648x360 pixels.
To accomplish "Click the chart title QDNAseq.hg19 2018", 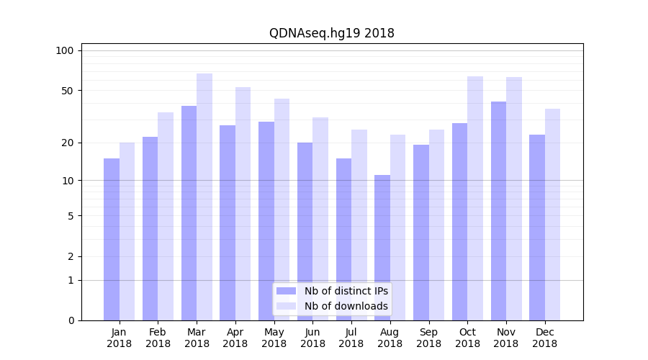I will pos(332,33).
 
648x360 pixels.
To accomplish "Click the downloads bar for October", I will pos(475,198).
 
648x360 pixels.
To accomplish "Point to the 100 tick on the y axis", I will pos(65,50).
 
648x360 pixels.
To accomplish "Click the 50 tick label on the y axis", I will pos(67,91).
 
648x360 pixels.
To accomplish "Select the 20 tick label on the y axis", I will pos(67,143).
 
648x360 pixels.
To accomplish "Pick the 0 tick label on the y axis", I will pos(71,320).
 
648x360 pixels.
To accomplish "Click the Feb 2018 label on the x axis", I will pos(158,338).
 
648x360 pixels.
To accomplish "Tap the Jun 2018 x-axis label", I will pos(312,338).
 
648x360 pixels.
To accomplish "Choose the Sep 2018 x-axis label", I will pos(428,338).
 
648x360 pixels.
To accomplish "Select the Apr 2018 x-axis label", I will pos(235,338).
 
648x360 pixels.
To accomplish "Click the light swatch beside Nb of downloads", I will pos(287,306).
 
